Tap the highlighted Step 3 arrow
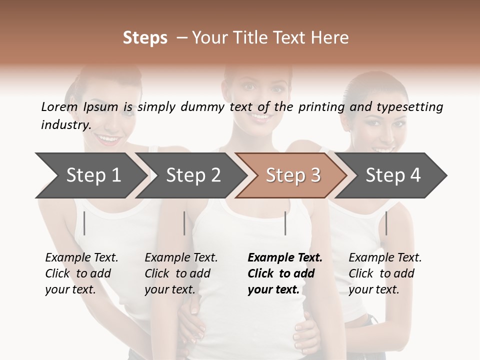point(293,175)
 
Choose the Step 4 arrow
point(393,175)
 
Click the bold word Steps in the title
point(145,38)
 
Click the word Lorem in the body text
point(59,106)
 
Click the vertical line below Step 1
point(84,223)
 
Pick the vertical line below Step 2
point(184,223)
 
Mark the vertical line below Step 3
point(285,223)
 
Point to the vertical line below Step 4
point(386,223)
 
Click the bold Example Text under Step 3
point(285,257)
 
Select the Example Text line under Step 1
point(81,257)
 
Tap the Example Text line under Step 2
point(181,257)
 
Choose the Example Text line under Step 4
point(385,257)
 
